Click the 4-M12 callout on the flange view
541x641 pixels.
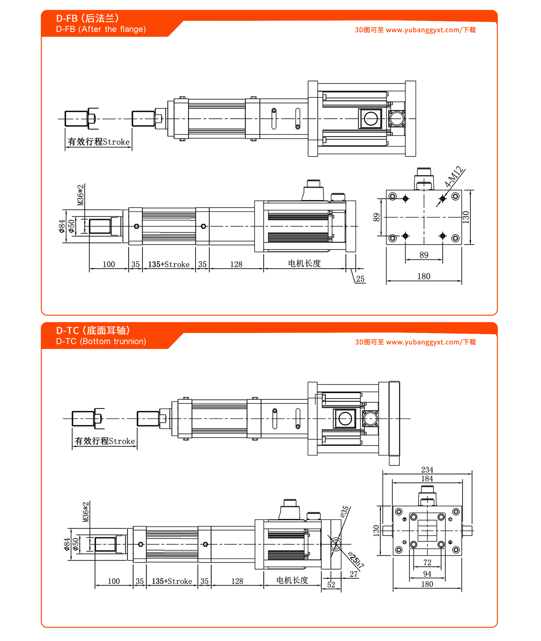coord(453,177)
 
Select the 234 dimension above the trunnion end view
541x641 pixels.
coord(427,470)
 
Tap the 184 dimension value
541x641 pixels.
coord(427,479)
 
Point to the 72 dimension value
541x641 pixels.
coord(427,563)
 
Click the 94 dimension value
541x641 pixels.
coord(427,574)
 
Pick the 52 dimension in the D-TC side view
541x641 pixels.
coord(331,585)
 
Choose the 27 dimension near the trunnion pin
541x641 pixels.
coord(354,574)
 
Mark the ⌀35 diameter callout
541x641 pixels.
coord(345,511)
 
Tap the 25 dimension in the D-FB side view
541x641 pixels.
coord(360,279)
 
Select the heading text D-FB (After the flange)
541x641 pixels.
coord(101,29)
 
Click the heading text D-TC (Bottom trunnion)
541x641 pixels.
coord(101,341)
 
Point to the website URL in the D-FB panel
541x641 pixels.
coord(415,30)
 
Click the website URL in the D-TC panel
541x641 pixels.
coord(415,342)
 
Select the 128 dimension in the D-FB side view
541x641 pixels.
coord(236,264)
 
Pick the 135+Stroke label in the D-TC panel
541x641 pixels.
coord(172,581)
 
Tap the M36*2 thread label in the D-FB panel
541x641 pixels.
coord(81,195)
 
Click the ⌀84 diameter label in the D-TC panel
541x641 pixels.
coord(66,544)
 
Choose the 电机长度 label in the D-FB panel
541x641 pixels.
coord(304,263)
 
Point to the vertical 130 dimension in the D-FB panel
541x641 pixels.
coord(466,217)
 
